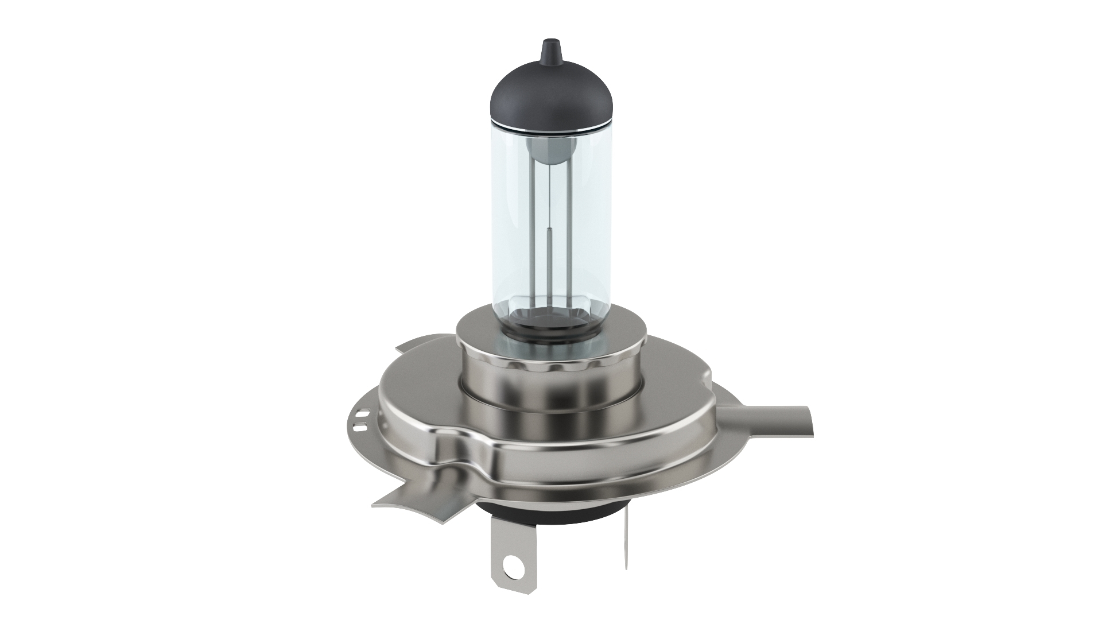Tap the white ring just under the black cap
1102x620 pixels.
[550, 127]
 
